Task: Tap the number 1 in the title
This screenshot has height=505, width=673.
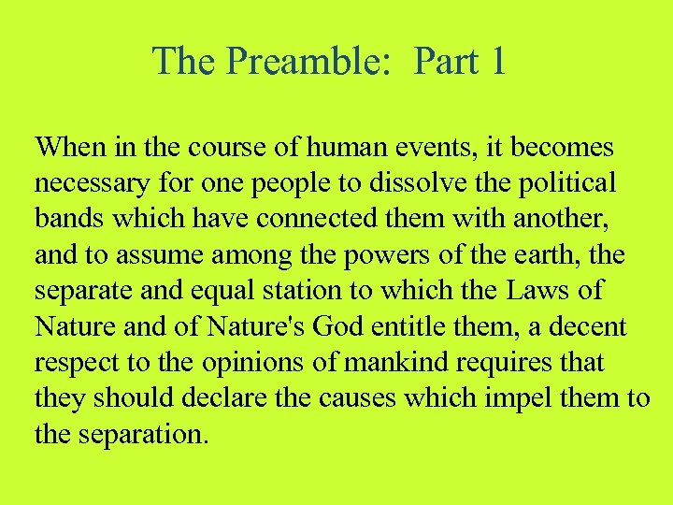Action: pyautogui.click(x=496, y=62)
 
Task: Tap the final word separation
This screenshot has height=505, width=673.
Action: pyautogui.click(x=137, y=433)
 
